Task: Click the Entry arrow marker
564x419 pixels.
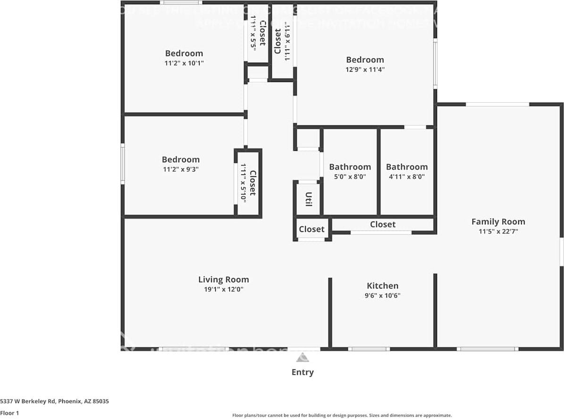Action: (x=303, y=357)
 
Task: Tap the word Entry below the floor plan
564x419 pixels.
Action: (x=303, y=372)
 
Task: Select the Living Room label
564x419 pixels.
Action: (x=223, y=279)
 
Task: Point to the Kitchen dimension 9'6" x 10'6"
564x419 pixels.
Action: (x=382, y=296)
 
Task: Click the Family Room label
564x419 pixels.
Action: (x=498, y=222)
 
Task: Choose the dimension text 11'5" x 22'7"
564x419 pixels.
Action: (x=498, y=231)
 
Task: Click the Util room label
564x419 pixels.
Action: (x=308, y=199)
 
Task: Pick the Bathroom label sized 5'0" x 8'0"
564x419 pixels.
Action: (x=350, y=167)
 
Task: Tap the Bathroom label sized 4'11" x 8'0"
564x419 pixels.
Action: (x=406, y=167)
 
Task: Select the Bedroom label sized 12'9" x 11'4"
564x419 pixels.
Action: (x=365, y=60)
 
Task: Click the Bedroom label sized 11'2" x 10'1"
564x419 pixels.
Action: (x=184, y=53)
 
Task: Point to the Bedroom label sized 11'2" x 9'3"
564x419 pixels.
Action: (x=180, y=160)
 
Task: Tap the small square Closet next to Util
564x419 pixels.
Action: (x=311, y=229)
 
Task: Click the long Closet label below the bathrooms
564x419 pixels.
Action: (x=382, y=224)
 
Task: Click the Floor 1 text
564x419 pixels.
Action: (x=9, y=413)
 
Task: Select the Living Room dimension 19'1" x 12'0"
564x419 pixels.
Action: (x=223, y=289)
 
